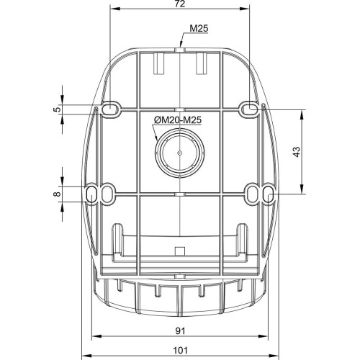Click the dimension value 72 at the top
180,4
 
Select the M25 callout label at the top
199,29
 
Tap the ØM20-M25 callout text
178,120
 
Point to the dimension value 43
297,152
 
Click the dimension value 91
180,331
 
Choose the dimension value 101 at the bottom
180,351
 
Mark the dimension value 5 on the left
57,109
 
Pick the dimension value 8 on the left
57,194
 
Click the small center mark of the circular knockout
180,153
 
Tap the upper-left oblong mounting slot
110,109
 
